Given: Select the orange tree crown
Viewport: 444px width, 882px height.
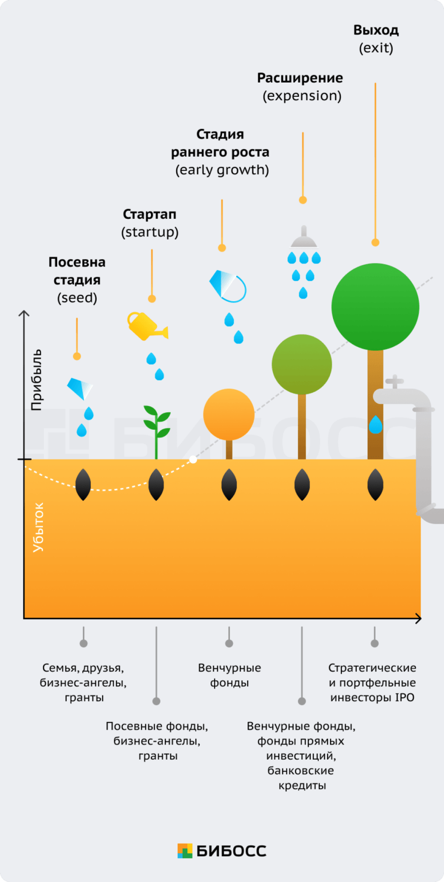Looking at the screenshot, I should point(229,415).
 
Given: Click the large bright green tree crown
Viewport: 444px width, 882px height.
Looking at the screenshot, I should point(375,306).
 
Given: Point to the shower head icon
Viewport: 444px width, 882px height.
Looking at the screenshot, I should point(304,238).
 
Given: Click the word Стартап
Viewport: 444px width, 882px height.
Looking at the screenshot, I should point(150,214).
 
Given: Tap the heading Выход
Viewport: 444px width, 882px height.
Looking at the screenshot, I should point(376,30).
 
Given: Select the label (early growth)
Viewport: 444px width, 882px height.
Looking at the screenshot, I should point(222,170).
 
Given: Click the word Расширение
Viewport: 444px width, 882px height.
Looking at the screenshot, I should point(300,78).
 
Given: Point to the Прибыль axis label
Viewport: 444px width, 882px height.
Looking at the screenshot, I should point(37,379).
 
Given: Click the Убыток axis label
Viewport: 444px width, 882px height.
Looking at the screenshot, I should point(38,527).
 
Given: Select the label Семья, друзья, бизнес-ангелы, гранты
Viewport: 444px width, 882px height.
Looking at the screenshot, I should point(83,682).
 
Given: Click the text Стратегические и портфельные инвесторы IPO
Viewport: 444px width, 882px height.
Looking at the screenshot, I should point(372,682).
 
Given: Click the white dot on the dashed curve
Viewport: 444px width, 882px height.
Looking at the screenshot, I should point(193,459).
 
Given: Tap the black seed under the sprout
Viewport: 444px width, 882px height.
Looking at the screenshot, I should point(156,484).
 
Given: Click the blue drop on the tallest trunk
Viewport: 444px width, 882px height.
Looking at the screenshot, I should point(375,425).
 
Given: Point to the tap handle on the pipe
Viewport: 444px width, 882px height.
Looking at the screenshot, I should point(395,382).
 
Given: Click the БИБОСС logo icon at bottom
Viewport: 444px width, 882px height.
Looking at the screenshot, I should point(185,851).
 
